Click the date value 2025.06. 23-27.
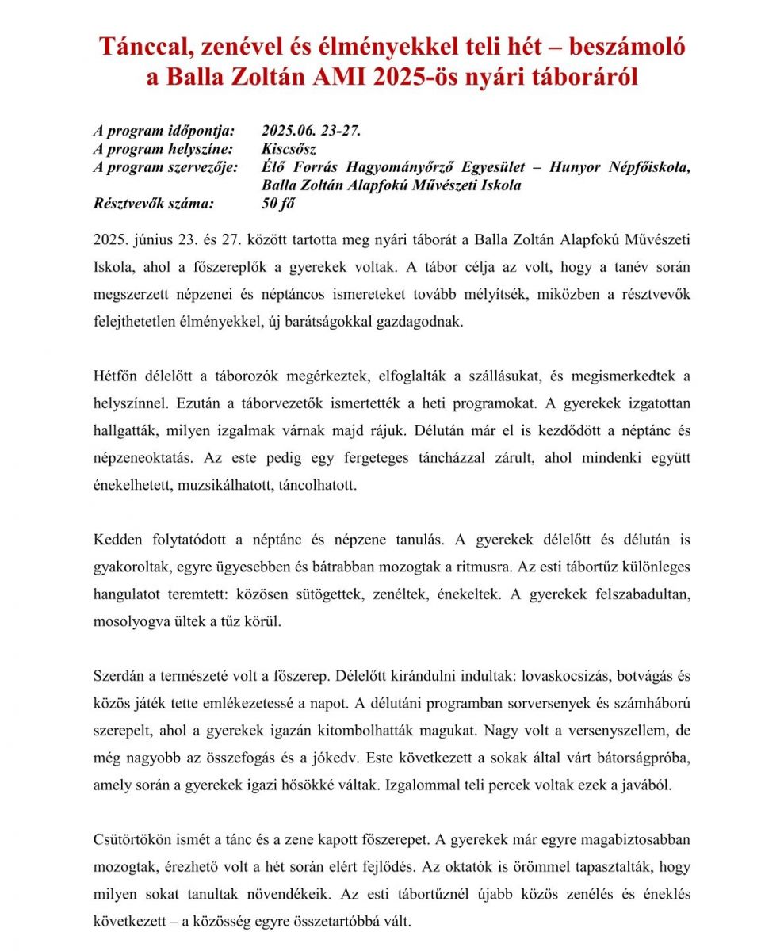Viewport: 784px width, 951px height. (311, 131)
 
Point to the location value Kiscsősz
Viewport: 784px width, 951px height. (289, 149)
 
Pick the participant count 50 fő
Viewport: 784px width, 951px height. (277, 204)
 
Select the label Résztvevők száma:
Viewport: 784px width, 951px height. (153, 204)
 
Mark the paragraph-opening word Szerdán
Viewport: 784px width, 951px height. (118, 677)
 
